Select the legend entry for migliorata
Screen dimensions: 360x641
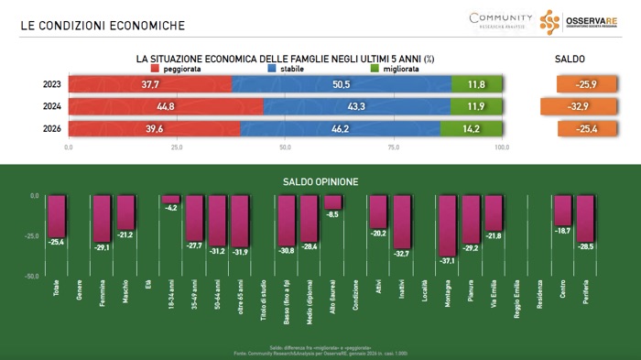click(395, 69)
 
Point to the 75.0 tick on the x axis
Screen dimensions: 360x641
click(394, 147)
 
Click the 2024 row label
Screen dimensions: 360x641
click(51, 106)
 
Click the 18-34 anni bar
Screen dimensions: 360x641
click(170, 199)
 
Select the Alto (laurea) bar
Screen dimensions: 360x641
click(332, 202)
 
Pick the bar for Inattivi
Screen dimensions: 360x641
click(401, 221)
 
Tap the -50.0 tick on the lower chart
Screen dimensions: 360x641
click(30, 276)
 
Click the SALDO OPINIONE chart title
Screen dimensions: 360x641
click(320, 181)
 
